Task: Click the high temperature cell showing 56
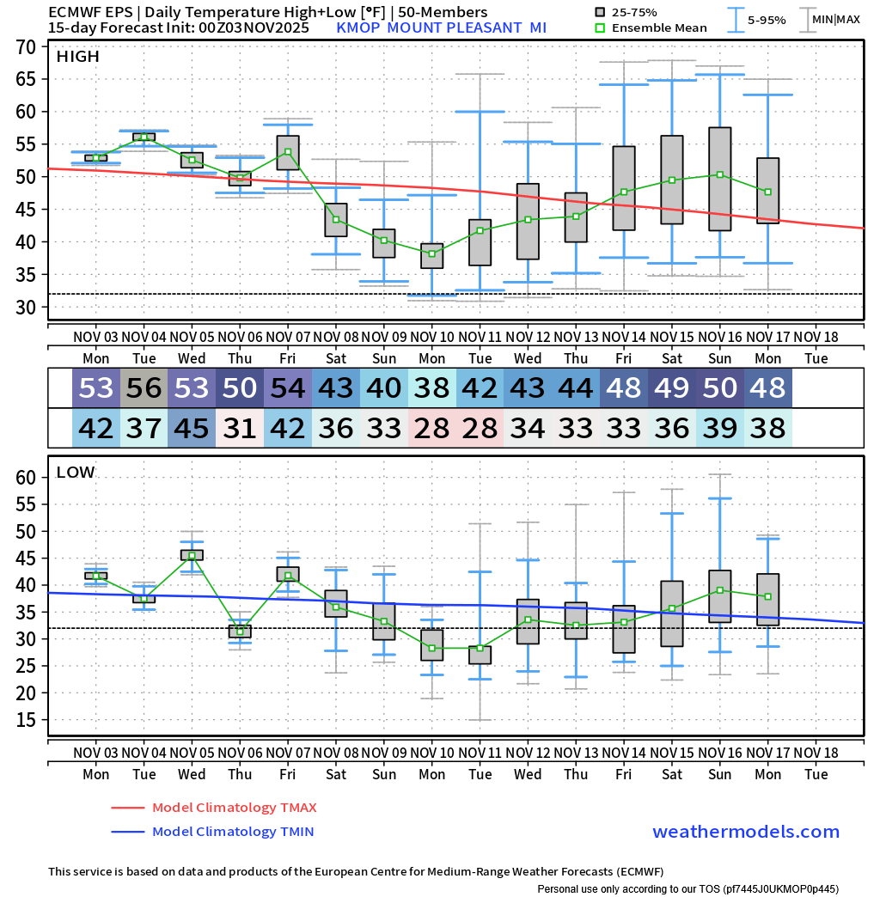point(144,388)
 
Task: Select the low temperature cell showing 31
point(241,427)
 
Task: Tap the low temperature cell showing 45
point(192,427)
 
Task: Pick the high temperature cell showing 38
point(432,388)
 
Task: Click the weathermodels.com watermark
point(746,832)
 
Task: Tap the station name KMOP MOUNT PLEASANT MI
point(441,27)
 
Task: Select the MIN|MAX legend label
point(836,19)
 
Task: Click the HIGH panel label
point(77,57)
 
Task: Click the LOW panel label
point(76,472)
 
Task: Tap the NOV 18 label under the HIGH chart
point(816,337)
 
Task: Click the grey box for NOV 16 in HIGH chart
point(720,179)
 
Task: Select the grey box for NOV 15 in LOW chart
point(672,613)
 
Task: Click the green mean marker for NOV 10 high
point(432,253)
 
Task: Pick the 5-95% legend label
point(767,19)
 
